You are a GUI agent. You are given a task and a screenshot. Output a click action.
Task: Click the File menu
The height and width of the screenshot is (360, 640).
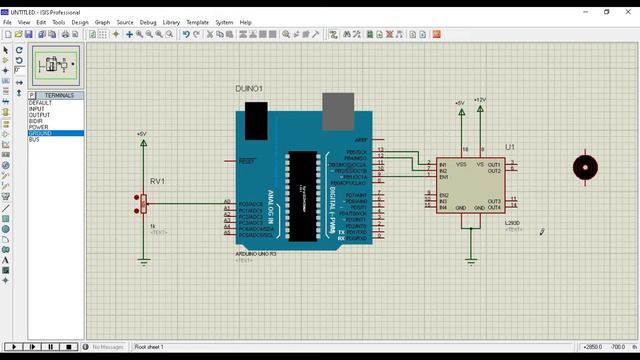(8, 21)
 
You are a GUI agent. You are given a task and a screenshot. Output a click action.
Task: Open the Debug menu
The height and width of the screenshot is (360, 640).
(148, 21)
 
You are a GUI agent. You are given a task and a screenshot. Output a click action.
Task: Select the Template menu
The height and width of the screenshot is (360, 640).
(198, 21)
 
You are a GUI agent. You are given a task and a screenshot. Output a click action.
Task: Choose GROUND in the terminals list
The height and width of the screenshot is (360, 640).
(41, 133)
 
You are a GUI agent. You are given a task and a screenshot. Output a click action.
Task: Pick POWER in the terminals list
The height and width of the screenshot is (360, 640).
(39, 127)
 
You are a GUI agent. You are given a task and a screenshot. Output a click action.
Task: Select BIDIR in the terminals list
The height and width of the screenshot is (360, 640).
(37, 121)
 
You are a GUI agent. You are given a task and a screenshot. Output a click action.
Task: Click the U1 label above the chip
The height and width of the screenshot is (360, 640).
(510, 147)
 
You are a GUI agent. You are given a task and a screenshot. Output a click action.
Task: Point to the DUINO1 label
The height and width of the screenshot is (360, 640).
(249, 89)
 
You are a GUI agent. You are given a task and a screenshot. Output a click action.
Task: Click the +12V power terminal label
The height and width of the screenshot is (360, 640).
(480, 100)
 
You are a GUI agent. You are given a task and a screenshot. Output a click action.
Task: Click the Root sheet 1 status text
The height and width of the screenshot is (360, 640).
(149, 347)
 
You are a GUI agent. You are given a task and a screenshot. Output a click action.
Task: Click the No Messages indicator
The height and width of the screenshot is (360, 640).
(108, 347)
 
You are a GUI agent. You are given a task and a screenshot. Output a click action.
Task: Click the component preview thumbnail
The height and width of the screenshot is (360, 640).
(56, 66)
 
